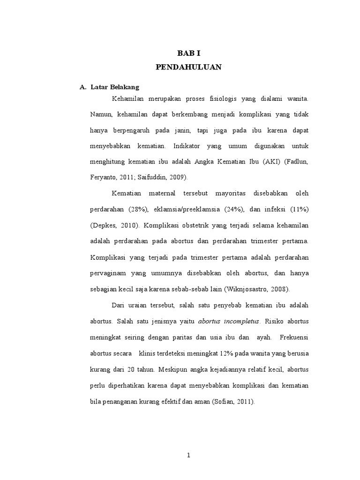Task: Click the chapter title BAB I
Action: (188, 53)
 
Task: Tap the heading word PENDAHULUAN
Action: (188, 67)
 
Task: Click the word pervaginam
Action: (107, 273)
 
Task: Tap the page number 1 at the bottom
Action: (188, 456)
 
